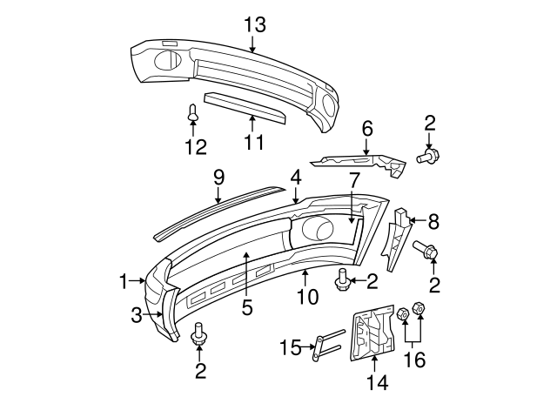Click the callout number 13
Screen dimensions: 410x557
tap(254, 25)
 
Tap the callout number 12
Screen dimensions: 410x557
tap(196, 147)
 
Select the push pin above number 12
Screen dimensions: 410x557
tap(193, 112)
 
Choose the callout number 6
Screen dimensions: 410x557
tap(367, 129)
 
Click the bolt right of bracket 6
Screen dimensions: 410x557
tap(428, 157)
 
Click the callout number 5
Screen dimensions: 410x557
tap(246, 306)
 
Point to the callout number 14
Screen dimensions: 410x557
tap(375, 382)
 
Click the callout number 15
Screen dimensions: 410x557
tap(288, 349)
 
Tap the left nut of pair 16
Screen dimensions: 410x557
tap(403, 314)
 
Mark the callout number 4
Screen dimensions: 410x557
tap(296, 177)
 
